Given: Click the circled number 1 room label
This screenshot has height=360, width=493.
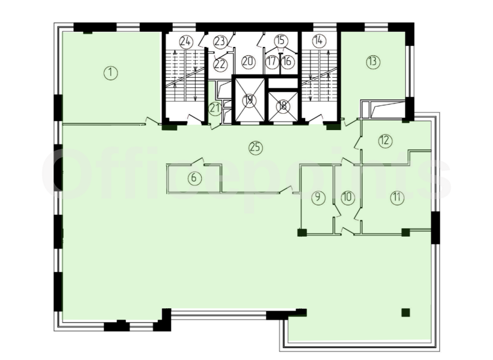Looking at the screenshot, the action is [x=111, y=73].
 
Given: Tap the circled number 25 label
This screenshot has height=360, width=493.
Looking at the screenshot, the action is [x=256, y=147].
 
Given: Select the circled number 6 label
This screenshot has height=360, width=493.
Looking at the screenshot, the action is [x=194, y=178].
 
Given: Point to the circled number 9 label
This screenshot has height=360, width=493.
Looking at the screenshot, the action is [x=318, y=197].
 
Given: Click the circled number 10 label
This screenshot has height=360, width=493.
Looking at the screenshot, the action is [x=347, y=197].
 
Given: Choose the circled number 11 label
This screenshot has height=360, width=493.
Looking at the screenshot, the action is [x=397, y=197].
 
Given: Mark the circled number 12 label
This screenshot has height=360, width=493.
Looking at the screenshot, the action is [x=385, y=140].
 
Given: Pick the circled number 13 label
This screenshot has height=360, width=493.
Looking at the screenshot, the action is [x=373, y=61].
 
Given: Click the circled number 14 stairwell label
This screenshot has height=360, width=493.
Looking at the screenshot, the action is [x=319, y=40].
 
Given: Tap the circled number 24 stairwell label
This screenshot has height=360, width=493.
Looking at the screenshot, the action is [x=186, y=41].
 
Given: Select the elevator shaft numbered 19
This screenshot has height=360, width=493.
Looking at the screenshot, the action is [x=249, y=100].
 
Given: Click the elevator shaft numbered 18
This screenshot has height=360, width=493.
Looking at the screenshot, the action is [x=283, y=105].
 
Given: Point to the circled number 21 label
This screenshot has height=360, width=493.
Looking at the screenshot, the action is [x=215, y=109].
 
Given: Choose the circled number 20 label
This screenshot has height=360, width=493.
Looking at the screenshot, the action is [x=249, y=61].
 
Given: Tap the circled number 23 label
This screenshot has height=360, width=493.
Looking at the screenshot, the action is [x=220, y=41].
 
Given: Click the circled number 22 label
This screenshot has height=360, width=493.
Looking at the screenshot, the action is [x=220, y=64].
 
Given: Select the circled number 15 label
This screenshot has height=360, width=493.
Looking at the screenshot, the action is [x=281, y=40].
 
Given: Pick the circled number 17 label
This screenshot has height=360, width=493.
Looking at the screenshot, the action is [x=272, y=61].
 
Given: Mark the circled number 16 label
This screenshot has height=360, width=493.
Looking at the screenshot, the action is [x=287, y=61].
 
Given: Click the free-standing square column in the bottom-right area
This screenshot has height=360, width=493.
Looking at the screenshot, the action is [x=406, y=312].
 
